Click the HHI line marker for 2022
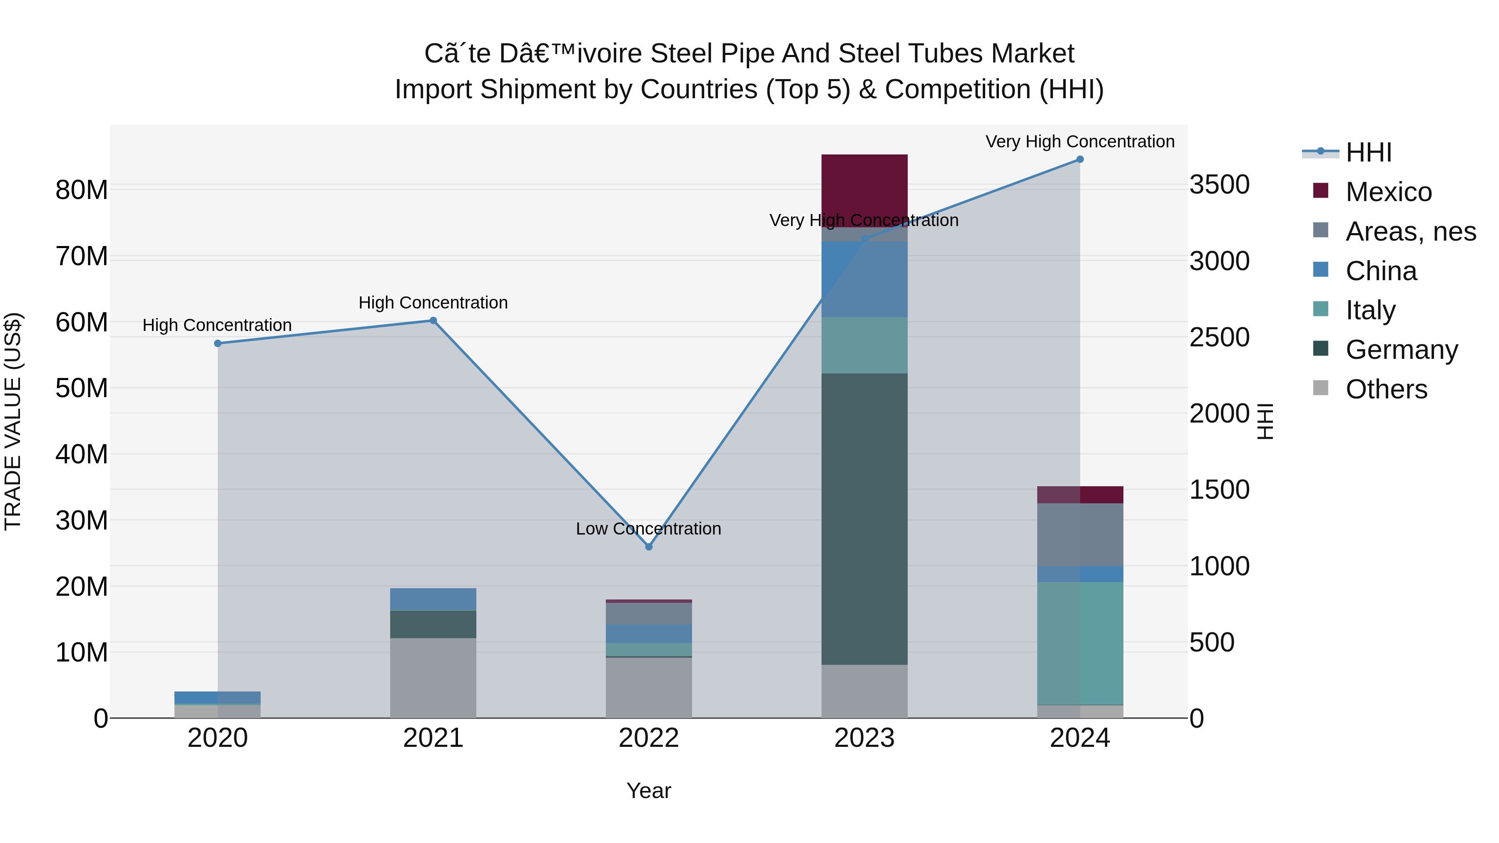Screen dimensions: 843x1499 point(649,546)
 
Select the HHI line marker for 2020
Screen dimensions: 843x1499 point(218,343)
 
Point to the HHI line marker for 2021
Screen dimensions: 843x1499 point(433,321)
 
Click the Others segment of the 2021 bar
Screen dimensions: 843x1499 point(433,678)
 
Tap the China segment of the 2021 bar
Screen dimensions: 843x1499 point(433,599)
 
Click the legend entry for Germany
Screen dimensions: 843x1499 point(1401,350)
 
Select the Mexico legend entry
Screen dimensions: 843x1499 point(1388,192)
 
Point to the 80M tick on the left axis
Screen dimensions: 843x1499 point(82,190)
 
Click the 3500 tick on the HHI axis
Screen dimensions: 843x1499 point(1220,184)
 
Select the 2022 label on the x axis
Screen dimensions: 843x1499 point(649,738)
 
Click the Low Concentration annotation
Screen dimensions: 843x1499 point(648,529)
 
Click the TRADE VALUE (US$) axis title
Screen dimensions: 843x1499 point(13,421)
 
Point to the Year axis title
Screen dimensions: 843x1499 point(649,791)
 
